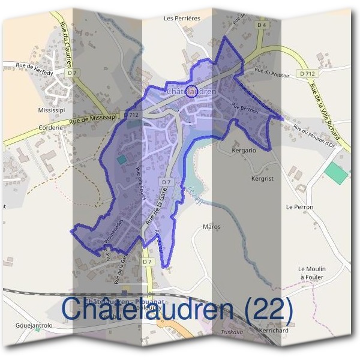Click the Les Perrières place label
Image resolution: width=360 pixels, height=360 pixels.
[x=182, y=19]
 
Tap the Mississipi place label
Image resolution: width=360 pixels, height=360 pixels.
[x=50, y=112]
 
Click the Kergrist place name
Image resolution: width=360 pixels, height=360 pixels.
[x=262, y=179]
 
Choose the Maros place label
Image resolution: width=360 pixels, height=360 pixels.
[x=212, y=227]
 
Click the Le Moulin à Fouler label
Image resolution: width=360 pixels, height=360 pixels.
[x=311, y=273]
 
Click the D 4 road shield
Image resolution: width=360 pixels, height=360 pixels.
[x=260, y=26]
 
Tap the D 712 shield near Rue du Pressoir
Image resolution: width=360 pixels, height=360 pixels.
[x=309, y=74]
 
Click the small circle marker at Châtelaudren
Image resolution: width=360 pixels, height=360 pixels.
[x=192, y=91]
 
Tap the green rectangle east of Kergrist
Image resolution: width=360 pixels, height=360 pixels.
[x=335, y=173]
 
